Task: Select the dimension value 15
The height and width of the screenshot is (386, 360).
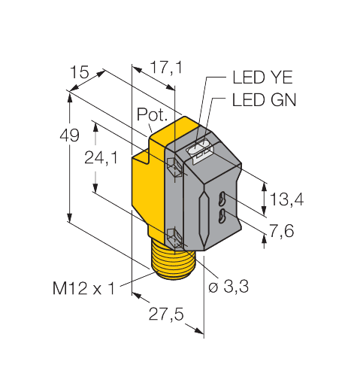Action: point(78,72)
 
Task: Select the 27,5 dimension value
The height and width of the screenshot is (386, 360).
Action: point(165,315)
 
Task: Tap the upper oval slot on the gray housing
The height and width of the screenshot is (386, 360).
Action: point(222,200)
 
